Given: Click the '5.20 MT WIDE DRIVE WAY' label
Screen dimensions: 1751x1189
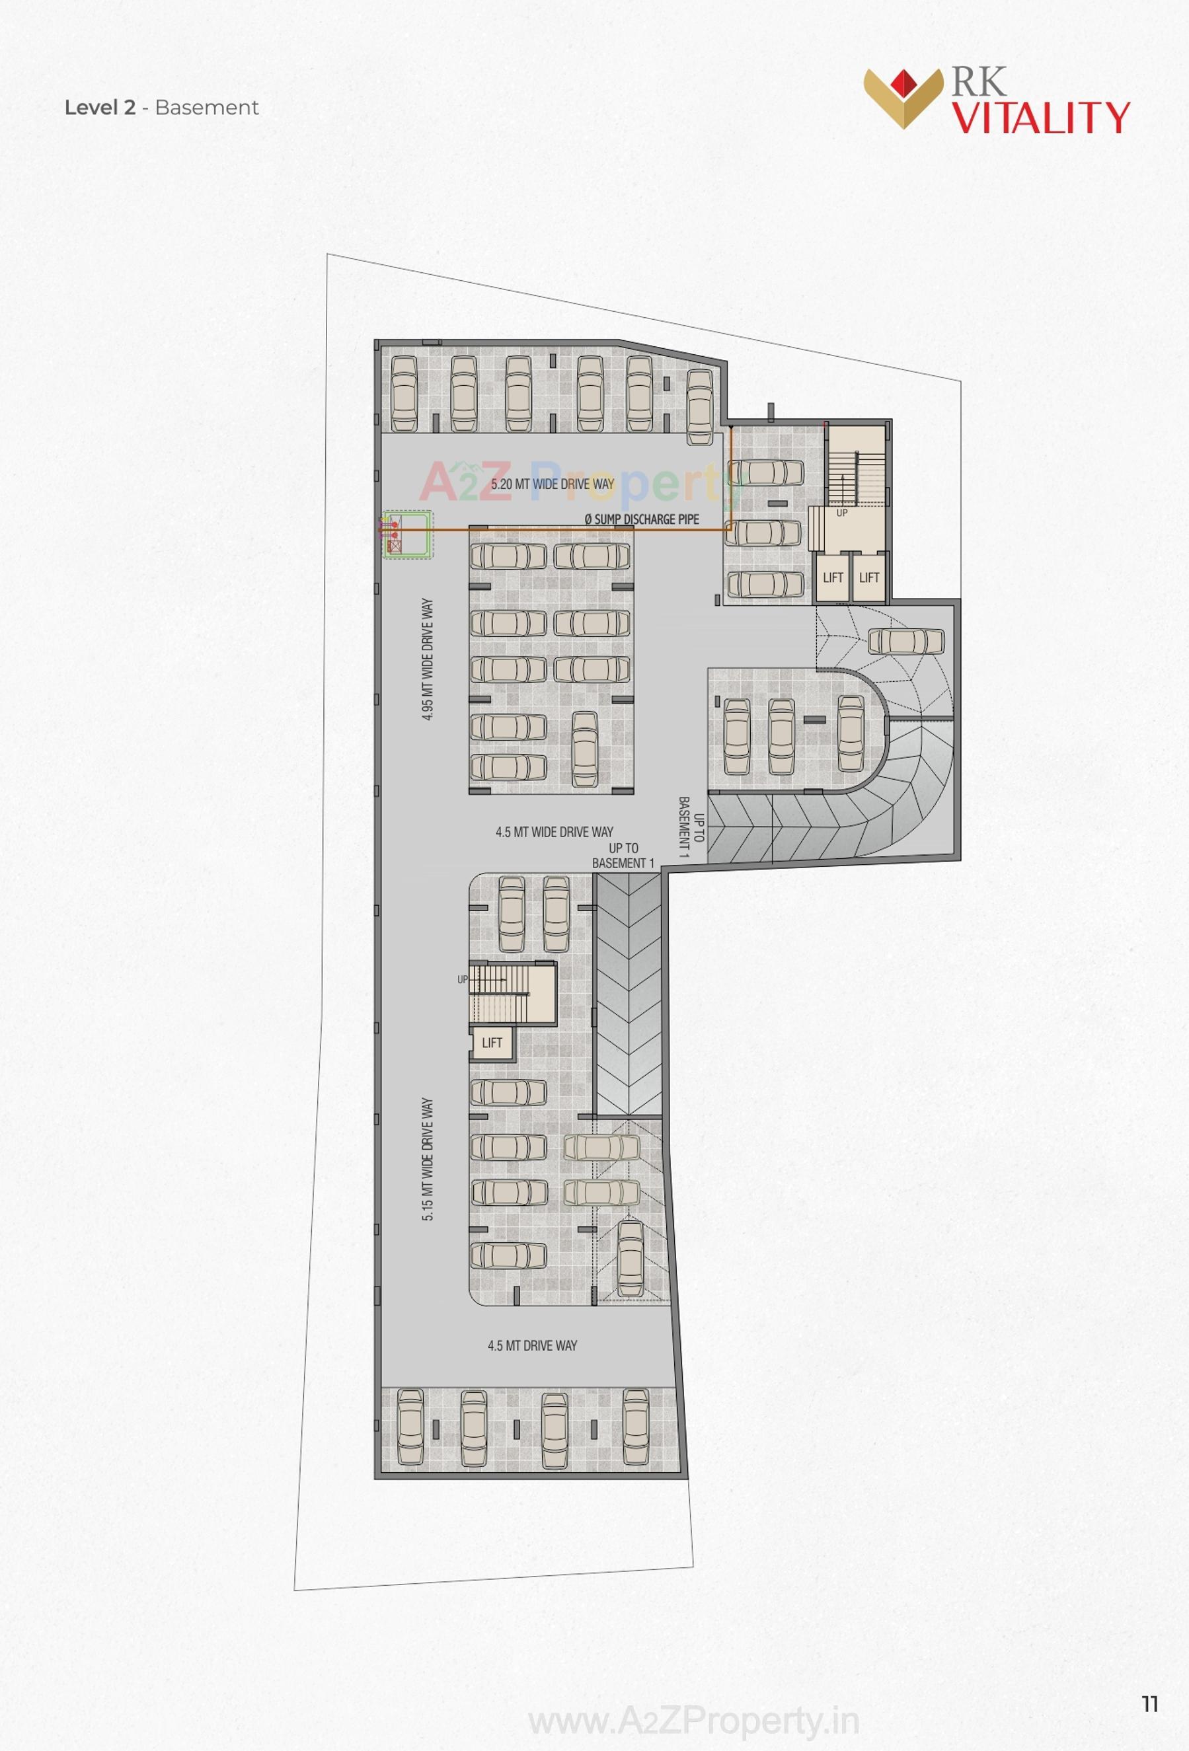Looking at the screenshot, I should [553, 484].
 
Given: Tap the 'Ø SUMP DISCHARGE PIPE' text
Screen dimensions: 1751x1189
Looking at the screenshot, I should [641, 519].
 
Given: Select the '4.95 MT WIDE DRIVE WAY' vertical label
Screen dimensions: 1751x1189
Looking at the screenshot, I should [427, 660].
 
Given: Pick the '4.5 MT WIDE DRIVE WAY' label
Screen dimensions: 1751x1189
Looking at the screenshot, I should [554, 832].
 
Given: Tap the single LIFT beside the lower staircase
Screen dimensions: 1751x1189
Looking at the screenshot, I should [491, 1043].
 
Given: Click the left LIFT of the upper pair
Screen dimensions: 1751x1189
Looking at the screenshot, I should [833, 577].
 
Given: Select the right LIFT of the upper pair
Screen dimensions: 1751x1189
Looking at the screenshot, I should [868, 577].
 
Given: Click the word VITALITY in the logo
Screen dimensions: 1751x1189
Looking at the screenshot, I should [1040, 118].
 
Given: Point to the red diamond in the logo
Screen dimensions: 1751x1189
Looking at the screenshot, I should [903, 81].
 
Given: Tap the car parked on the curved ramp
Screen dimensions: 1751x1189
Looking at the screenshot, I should [905, 641].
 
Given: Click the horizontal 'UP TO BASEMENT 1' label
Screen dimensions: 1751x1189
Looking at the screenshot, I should [623, 855].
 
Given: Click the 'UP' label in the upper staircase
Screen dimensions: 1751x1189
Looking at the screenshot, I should [841, 513].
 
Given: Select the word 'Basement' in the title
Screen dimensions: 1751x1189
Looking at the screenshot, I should [206, 108].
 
